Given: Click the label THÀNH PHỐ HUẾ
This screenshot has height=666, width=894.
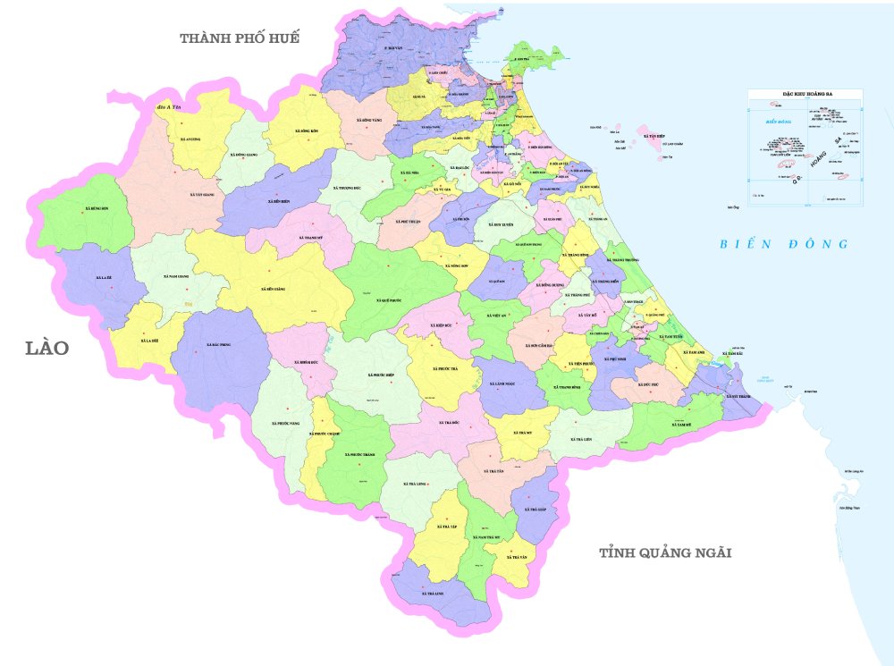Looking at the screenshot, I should point(239,38).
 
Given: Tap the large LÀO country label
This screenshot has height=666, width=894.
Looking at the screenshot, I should point(46,348).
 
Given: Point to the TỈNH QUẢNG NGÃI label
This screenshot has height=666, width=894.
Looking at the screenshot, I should point(665,553).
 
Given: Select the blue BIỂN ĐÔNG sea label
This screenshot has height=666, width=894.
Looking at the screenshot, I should point(784,244).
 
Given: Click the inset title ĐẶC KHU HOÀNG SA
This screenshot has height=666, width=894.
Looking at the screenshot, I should point(806,93).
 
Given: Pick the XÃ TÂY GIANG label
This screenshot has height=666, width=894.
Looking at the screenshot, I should point(203,194).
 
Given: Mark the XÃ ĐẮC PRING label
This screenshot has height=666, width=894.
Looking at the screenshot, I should point(219,345).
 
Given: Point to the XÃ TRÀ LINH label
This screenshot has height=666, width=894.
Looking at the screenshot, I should point(434,593).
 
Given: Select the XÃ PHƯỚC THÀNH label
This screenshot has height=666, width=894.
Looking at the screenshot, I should point(355,455).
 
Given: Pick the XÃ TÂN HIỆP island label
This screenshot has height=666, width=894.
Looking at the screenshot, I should point(654,139).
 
